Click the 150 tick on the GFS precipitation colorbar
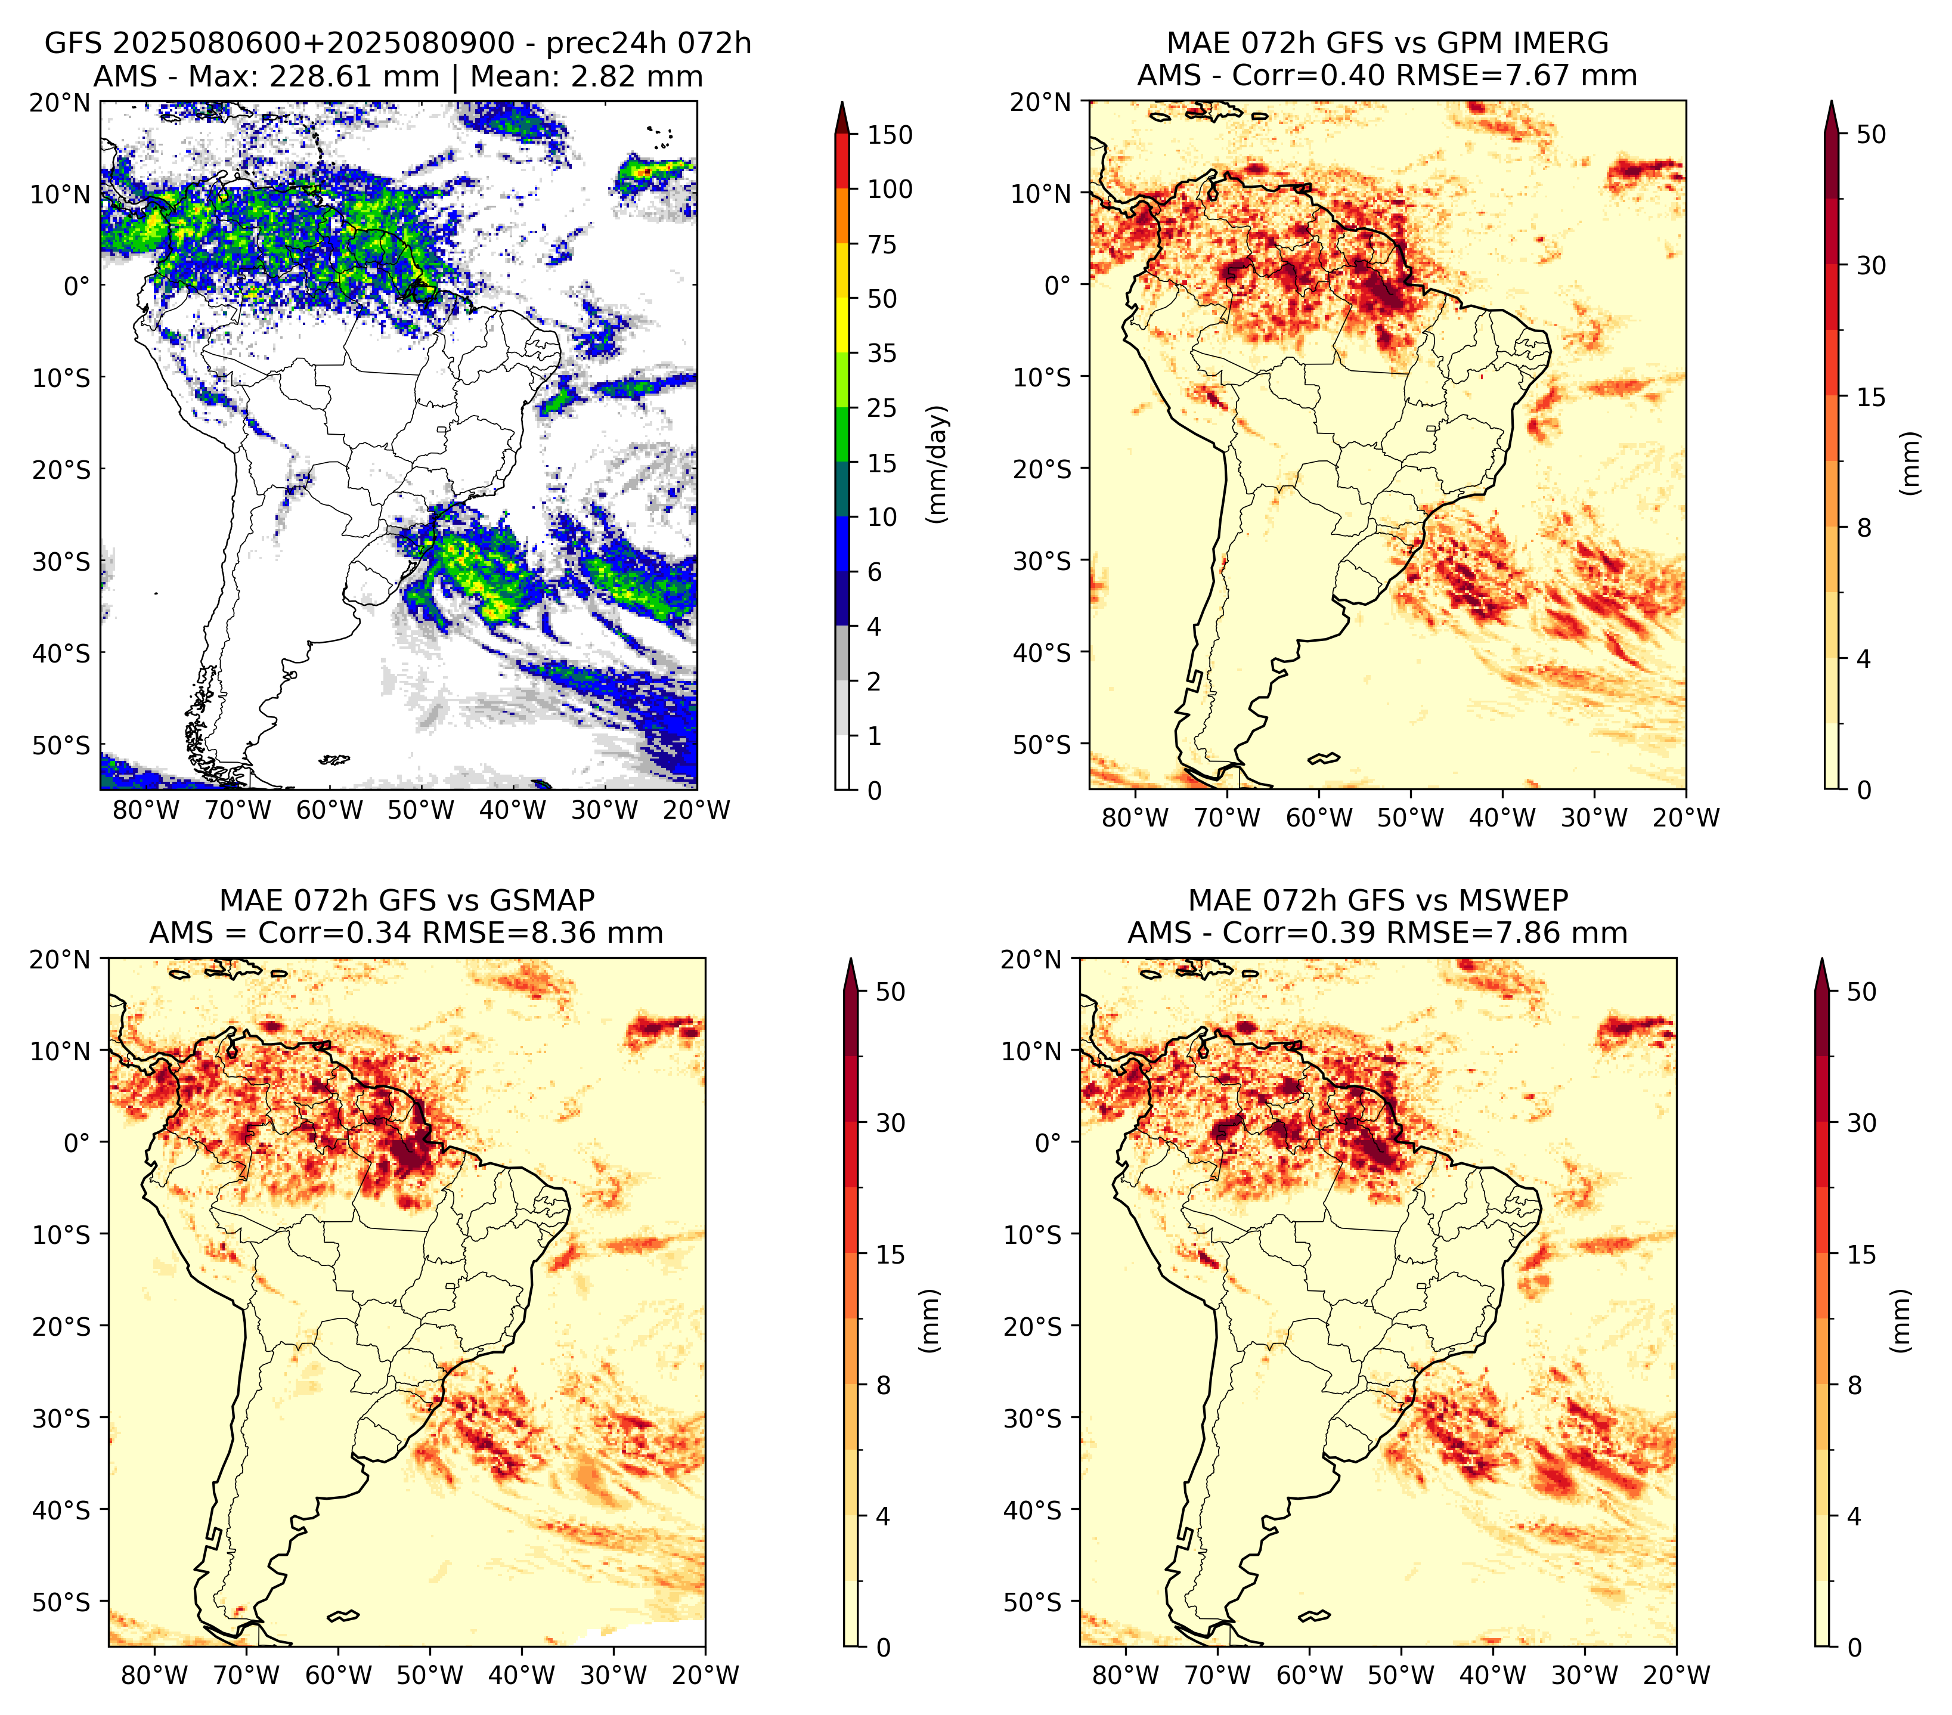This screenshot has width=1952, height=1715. pyautogui.click(x=889, y=135)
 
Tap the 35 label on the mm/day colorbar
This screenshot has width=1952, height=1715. pyautogui.click(x=881, y=353)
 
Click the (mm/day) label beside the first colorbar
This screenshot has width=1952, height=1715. pyautogui.click(x=938, y=464)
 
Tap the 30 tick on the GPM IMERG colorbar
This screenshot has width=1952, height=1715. pyautogui.click(x=1872, y=265)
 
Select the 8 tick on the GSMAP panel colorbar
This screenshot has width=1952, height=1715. pyautogui.click(x=884, y=1385)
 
